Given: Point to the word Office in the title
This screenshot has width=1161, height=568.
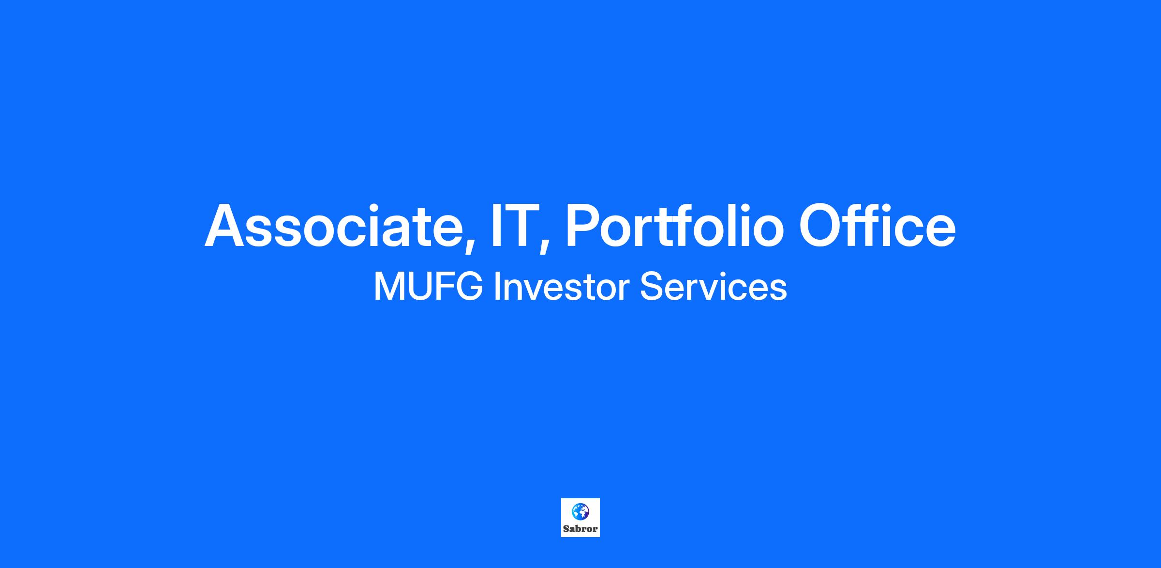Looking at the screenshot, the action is tap(877, 226).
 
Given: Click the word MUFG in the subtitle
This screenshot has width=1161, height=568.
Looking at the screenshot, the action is tap(428, 287).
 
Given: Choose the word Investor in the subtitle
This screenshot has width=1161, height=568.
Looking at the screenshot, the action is tap(561, 287).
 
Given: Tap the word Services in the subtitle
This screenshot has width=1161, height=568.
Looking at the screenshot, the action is tap(714, 287).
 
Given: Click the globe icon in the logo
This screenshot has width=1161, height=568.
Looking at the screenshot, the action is tap(580, 511).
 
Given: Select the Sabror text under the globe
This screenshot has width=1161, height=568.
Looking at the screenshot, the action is tap(580, 529).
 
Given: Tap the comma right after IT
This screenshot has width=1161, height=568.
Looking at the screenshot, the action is tap(545, 245).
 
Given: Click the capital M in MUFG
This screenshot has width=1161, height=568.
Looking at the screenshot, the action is tap(389, 287).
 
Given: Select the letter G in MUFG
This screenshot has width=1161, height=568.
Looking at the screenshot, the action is tap(469, 287).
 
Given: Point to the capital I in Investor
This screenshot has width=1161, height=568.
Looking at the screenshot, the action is tap(497, 287).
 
